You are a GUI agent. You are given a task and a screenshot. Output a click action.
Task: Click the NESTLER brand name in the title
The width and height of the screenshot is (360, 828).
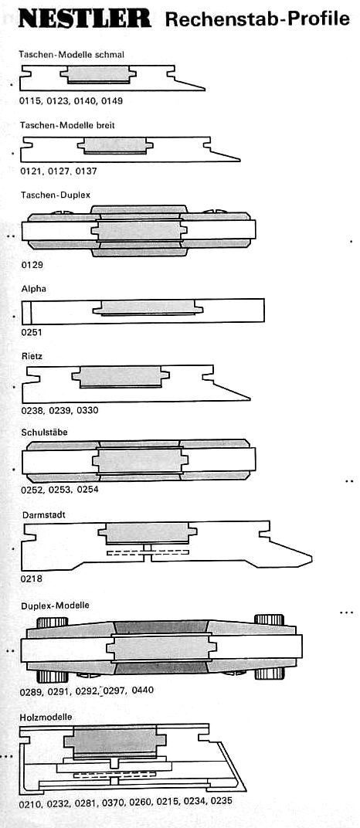click(x=84, y=19)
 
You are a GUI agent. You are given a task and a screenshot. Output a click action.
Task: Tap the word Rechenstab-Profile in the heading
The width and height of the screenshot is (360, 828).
click(x=257, y=19)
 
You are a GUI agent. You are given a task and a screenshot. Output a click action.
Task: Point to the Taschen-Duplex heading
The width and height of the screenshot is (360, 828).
click(x=56, y=195)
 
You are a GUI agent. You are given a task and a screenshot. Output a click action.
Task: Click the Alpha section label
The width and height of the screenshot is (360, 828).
click(x=32, y=290)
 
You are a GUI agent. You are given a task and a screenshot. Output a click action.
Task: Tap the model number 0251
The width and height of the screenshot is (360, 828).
click(x=32, y=332)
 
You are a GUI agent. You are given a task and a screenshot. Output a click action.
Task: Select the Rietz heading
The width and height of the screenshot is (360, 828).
click(x=32, y=356)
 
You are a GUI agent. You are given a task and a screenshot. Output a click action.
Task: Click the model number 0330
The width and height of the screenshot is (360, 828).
click(x=87, y=410)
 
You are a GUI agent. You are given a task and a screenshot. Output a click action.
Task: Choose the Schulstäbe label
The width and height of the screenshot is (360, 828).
click(x=45, y=432)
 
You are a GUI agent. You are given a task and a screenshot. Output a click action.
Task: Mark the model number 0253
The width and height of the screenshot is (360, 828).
click(x=59, y=490)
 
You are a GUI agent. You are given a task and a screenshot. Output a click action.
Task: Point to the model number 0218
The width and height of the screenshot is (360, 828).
click(x=32, y=579)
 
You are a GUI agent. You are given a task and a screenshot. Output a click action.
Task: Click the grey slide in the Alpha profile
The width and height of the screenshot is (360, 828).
click(x=148, y=307)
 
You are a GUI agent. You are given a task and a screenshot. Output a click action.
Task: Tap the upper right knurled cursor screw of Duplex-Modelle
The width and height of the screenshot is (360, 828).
click(x=269, y=620)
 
